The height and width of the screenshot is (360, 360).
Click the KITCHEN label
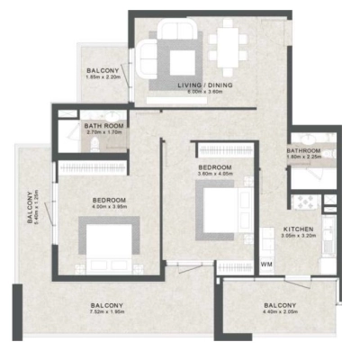(298, 229)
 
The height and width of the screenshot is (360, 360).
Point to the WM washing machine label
(266, 265)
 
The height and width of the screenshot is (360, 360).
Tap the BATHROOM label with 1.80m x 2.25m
(305, 150)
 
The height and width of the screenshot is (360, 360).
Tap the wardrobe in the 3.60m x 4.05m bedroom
(219, 150)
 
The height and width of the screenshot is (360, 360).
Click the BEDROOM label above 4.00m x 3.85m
(108, 199)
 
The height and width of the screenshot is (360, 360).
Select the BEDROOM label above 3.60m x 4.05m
(216, 167)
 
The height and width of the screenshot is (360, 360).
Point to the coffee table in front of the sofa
(183, 59)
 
